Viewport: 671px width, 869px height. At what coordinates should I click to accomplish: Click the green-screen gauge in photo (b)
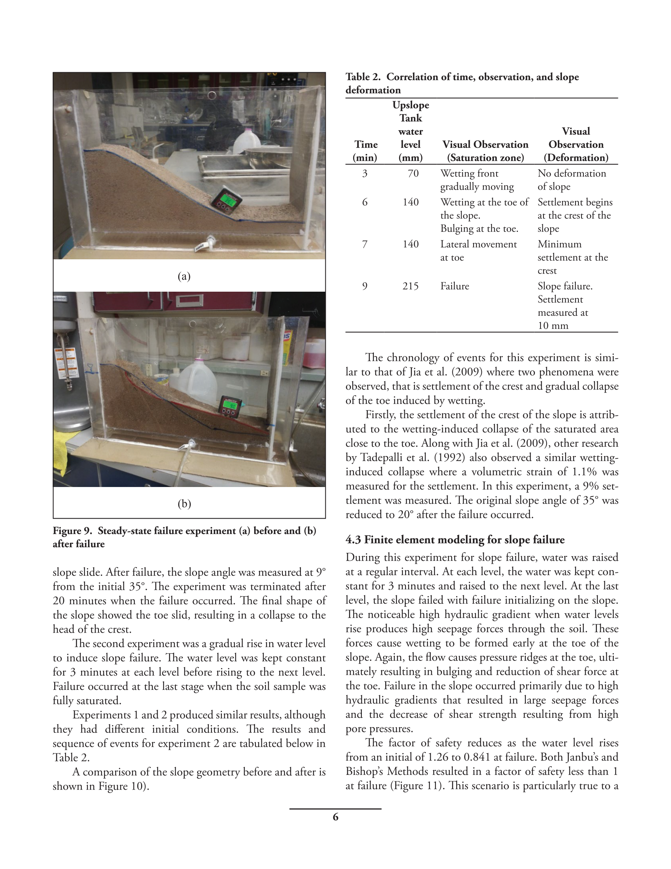230,406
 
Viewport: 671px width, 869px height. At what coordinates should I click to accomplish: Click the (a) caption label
184,276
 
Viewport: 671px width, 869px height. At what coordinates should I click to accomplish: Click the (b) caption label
184,504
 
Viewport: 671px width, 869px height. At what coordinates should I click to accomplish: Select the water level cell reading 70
413,173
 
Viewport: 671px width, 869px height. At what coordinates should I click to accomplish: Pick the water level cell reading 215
410,286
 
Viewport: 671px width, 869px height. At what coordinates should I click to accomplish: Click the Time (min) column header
365,151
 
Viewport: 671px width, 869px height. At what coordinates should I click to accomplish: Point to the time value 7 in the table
364,244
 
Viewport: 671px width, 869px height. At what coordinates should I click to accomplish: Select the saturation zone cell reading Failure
454,286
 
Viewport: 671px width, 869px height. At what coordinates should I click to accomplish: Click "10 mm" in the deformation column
553,326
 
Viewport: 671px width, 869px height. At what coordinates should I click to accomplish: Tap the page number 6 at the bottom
335,817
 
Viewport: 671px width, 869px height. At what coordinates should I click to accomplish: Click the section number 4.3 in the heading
353,540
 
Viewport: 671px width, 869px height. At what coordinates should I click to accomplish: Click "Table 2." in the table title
363,77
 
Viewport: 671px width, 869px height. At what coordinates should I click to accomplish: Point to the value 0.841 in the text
477,757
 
